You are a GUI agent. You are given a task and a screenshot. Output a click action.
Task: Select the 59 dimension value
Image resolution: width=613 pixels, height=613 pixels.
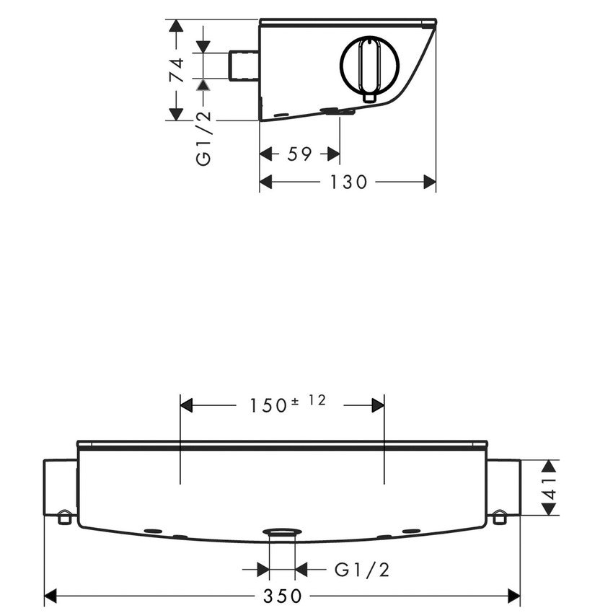pos(299,154)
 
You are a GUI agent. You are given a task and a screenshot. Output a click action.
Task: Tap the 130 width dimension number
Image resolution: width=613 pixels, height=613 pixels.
pos(348,182)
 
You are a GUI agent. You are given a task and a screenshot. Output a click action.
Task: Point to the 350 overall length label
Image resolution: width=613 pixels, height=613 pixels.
pos(282,596)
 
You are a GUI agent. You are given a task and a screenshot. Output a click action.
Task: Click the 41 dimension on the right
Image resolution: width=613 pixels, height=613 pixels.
pos(550,488)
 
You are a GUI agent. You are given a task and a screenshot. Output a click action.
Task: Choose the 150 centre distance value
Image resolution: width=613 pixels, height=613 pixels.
pos(268,406)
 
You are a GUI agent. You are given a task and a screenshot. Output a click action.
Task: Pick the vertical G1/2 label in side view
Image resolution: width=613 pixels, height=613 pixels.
pos(203,138)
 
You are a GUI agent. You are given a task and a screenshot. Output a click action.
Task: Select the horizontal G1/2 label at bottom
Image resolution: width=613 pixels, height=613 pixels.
pos(362,570)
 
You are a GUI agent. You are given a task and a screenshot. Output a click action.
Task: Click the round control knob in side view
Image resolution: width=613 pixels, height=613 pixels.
pos(369,66)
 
